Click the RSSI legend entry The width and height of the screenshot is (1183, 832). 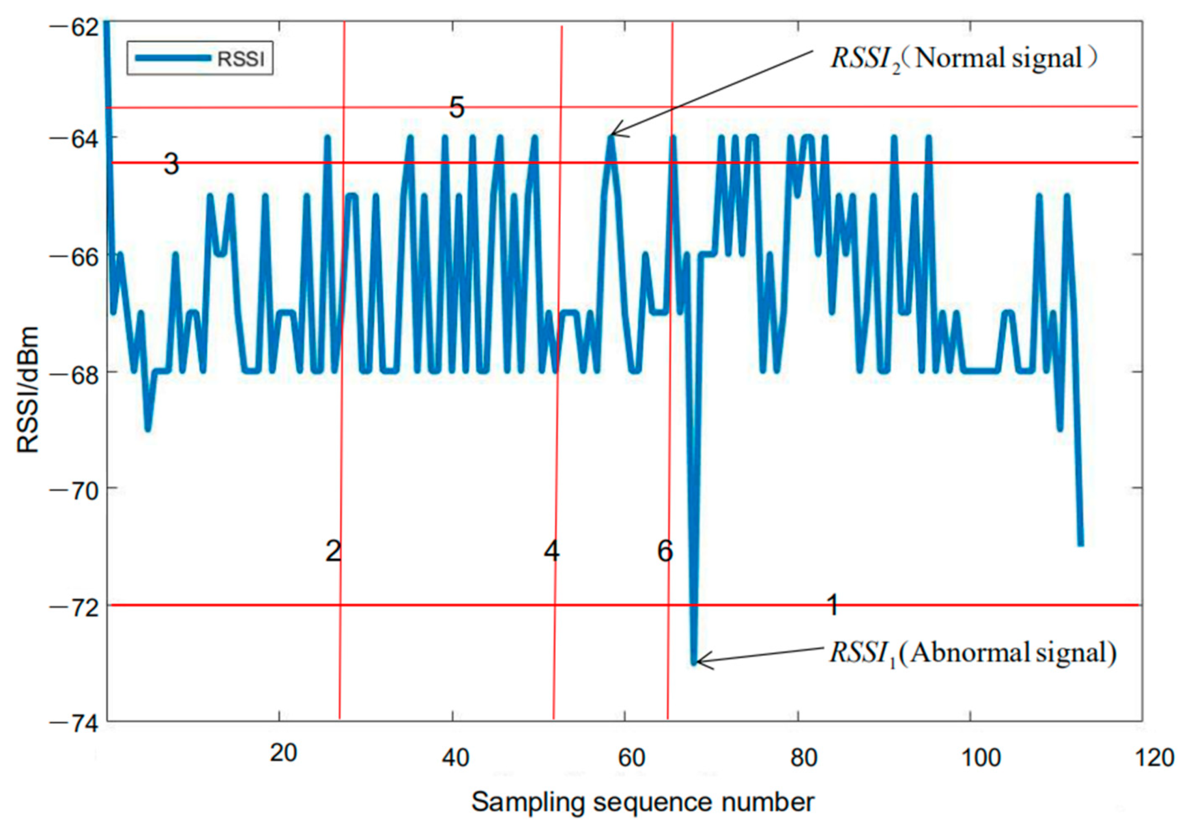point(200,58)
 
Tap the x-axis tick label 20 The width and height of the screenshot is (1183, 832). point(283,753)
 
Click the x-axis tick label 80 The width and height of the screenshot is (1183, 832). point(803,757)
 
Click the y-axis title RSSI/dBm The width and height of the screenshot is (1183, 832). point(28,389)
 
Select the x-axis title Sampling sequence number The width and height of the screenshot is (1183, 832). point(642,802)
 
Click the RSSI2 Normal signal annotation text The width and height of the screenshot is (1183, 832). point(963,58)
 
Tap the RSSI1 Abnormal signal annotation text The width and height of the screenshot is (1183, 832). point(973,653)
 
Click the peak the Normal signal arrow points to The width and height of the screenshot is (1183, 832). point(611,138)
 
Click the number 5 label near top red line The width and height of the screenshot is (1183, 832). point(456,107)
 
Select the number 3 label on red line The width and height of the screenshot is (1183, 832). point(171,164)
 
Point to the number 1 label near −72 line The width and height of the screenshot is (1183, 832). point(832,605)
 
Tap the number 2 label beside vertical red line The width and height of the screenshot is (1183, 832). point(333,551)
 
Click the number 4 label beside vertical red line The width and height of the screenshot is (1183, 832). point(551,551)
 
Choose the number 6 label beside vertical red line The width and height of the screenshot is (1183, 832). point(665,551)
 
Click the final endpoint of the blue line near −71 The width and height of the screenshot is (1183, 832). point(1080,544)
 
